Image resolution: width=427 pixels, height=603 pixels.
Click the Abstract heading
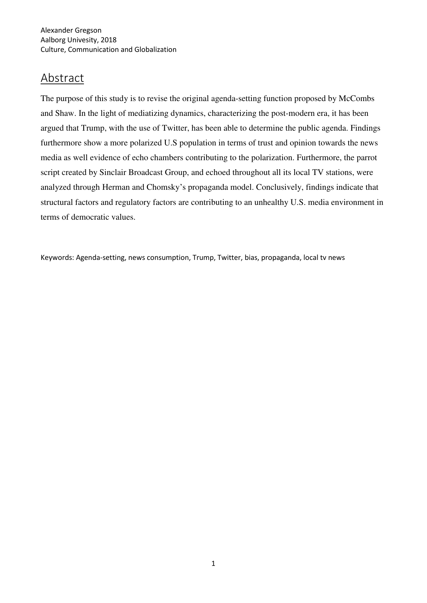click(x=62, y=78)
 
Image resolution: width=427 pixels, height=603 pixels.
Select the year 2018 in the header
click(x=109, y=40)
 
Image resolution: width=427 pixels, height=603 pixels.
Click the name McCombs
click(x=356, y=99)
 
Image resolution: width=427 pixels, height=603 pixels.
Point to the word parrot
click(x=367, y=158)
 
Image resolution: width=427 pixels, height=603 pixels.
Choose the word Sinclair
click(x=113, y=173)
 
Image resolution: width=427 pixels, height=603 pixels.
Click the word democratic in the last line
click(x=91, y=217)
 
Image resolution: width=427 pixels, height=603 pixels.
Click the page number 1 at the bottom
click(x=213, y=563)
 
